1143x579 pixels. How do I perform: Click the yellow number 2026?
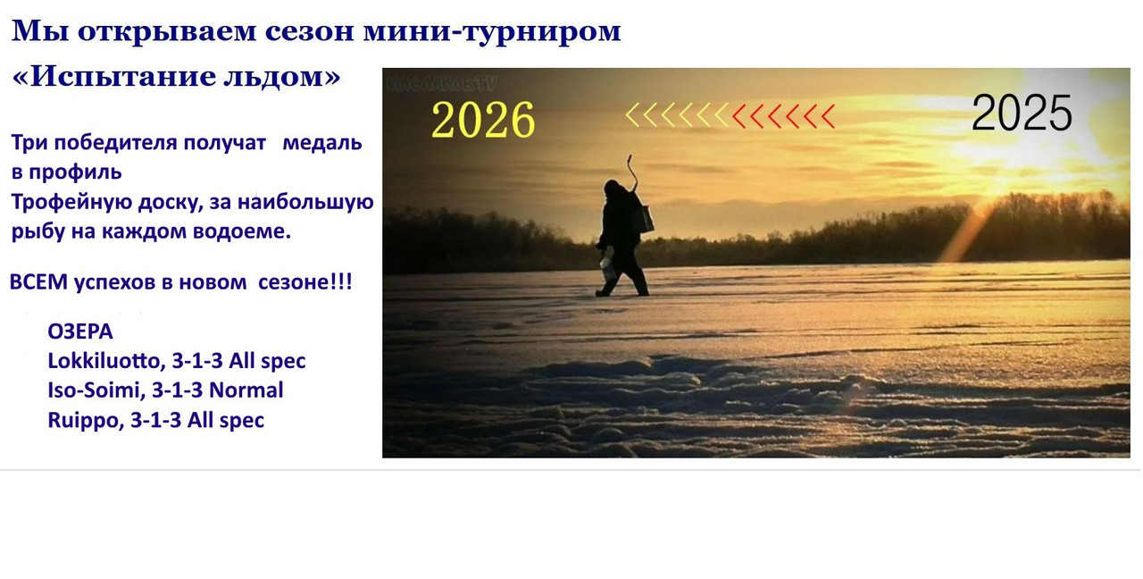483,121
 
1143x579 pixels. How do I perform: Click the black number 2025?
1022,113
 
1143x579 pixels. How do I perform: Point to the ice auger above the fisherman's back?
632,171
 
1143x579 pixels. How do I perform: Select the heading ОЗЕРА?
80,332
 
